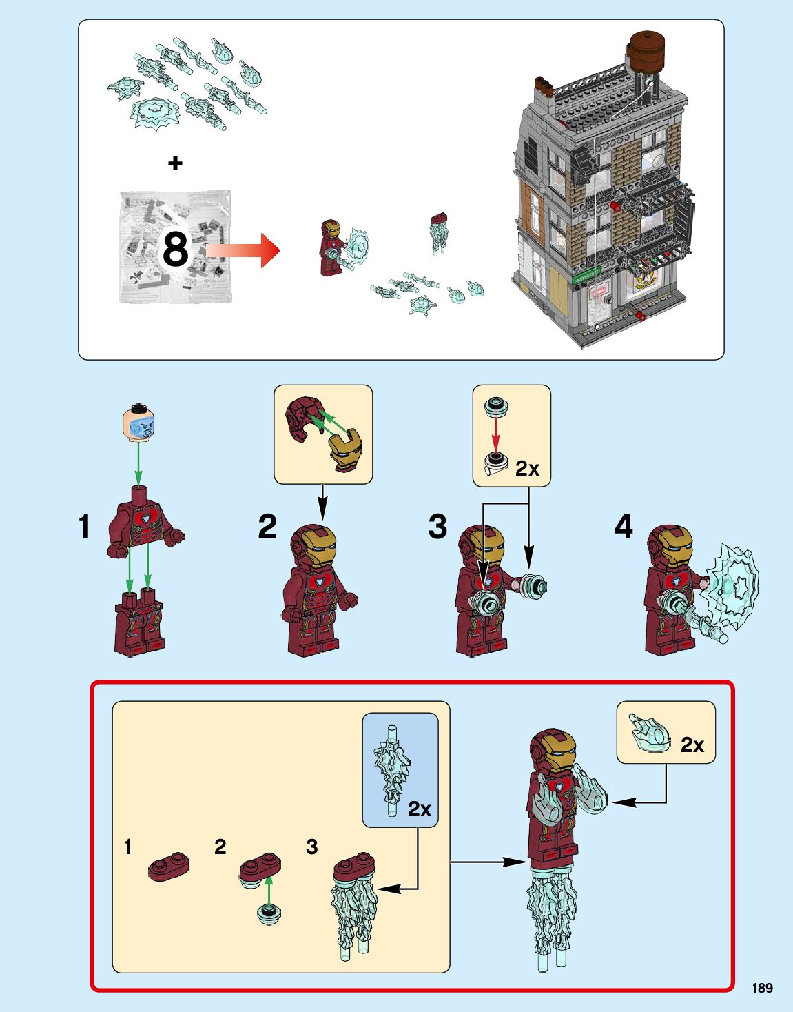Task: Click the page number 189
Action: [x=762, y=988]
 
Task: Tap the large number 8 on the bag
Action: [x=175, y=249]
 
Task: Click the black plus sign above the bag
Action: [x=176, y=163]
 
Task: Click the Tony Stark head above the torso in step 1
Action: [x=138, y=422]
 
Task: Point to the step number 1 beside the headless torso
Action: [x=84, y=527]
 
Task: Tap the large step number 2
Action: [x=267, y=527]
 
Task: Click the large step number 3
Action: [x=437, y=527]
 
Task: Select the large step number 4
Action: [x=623, y=527]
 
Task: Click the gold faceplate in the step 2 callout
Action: [x=344, y=447]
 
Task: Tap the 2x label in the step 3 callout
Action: [x=527, y=469]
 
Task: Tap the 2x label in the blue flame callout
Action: [x=419, y=809]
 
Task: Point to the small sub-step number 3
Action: [x=311, y=847]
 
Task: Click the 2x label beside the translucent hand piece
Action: [x=692, y=745]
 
